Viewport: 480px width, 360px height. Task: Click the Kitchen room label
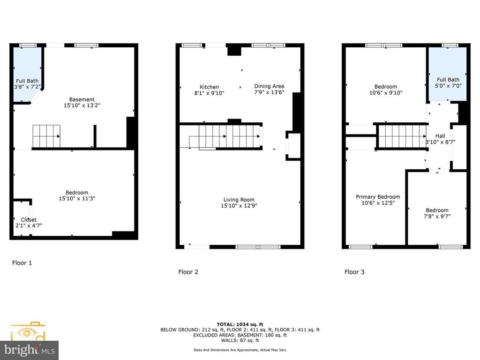coord(209,87)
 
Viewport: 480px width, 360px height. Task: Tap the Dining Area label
coord(269,86)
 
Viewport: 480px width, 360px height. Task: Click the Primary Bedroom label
coord(378,197)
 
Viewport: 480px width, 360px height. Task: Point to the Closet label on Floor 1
coord(28,220)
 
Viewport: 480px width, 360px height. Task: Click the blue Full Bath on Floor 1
coord(27,75)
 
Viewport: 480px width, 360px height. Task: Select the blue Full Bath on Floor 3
coord(448,75)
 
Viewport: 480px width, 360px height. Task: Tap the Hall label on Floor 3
coord(440,136)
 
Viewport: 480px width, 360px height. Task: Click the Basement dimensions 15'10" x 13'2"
coord(82,106)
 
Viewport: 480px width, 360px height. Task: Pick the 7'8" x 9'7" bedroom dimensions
coord(437,217)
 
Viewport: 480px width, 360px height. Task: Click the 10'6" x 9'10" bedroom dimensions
coord(385,93)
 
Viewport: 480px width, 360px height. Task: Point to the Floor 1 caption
coord(22,263)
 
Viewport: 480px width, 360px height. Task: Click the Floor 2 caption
coord(188,272)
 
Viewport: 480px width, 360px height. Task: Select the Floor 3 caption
coord(354,272)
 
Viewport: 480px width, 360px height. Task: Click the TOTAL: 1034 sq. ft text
coord(240,324)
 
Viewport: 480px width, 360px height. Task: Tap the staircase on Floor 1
coord(46,136)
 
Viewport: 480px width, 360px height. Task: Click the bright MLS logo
coord(29,349)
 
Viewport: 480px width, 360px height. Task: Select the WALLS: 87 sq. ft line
coord(240,341)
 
